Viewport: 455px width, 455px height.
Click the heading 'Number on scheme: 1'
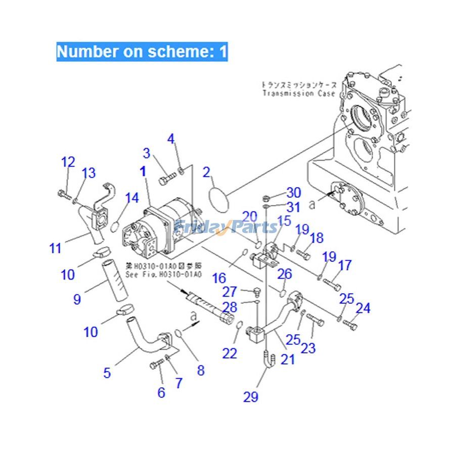click(x=142, y=52)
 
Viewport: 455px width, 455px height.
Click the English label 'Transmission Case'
click(x=295, y=94)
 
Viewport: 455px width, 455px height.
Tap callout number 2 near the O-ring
click(x=206, y=172)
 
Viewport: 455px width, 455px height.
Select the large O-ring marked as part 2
click(x=218, y=196)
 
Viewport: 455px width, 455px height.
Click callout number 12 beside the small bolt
click(x=68, y=162)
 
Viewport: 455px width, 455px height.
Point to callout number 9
click(x=77, y=299)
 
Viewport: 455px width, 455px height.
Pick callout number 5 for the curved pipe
click(x=107, y=373)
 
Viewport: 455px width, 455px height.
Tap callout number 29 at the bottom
click(x=251, y=396)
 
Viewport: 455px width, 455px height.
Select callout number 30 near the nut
click(x=293, y=192)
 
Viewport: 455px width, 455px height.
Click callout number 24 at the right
click(x=362, y=308)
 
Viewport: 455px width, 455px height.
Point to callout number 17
click(x=345, y=265)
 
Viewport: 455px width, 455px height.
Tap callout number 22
click(x=230, y=353)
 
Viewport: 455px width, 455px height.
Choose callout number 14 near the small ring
click(x=132, y=198)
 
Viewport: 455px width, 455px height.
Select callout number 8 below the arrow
click(x=201, y=370)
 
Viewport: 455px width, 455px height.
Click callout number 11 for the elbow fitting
click(x=55, y=248)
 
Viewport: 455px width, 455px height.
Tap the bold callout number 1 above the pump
click(x=143, y=171)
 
